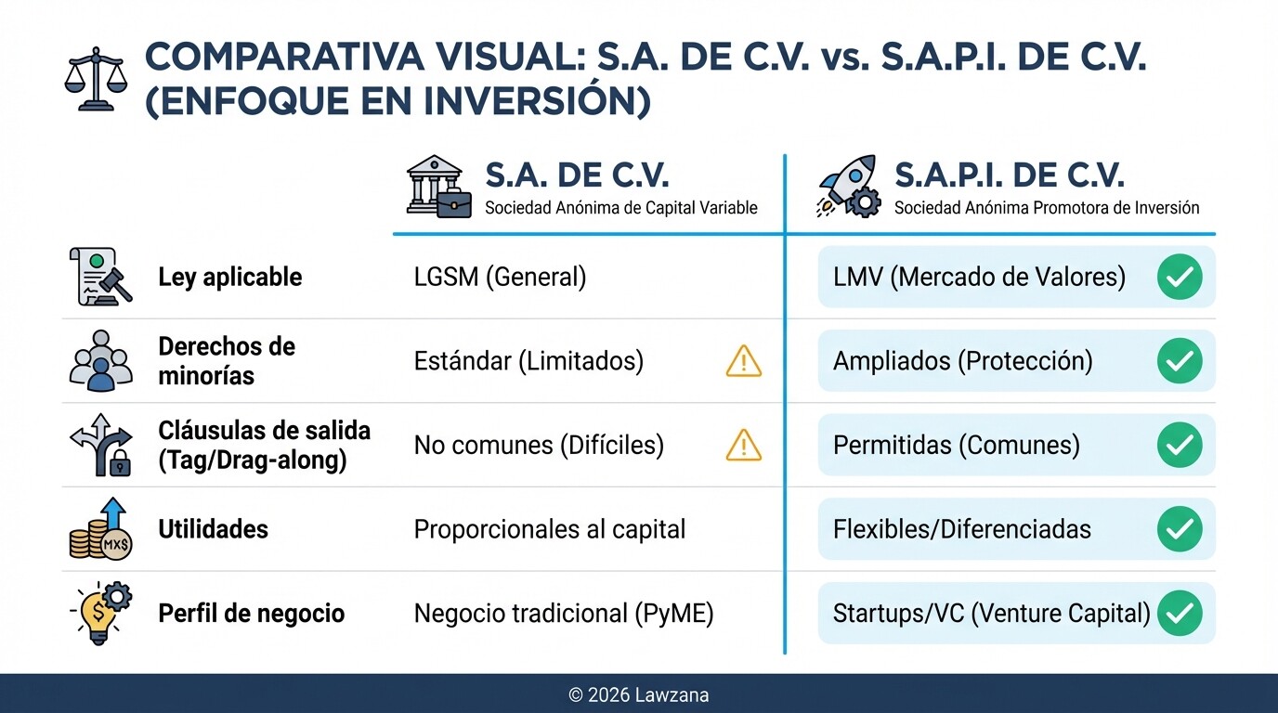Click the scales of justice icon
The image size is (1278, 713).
tap(94, 80)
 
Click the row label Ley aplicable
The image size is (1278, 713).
tap(229, 277)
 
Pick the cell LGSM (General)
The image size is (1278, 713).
tap(500, 277)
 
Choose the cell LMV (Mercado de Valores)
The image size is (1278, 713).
tap(979, 277)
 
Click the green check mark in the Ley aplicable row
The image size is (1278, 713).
tap(1180, 277)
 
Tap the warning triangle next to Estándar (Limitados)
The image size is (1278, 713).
tap(743, 361)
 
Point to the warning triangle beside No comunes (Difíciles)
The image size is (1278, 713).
tap(743, 446)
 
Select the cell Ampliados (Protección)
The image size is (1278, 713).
tap(962, 361)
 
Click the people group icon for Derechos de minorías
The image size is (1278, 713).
tap(101, 361)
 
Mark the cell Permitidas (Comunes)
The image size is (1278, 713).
tap(956, 446)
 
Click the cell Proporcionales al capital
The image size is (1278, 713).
tap(549, 530)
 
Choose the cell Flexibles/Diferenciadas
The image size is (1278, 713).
tap(961, 530)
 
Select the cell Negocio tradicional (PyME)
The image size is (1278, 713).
tap(563, 614)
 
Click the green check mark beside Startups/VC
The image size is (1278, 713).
tap(1180, 614)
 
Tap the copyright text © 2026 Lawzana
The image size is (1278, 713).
tap(638, 694)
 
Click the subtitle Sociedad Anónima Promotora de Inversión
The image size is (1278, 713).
tap(1047, 208)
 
